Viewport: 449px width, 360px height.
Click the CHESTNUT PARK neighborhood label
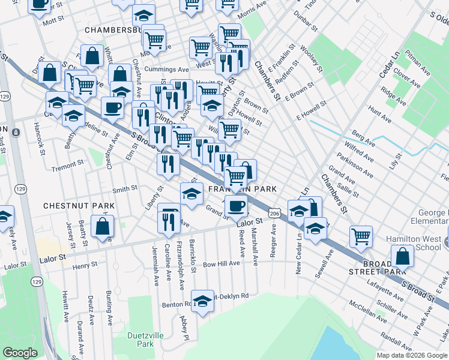point(78,206)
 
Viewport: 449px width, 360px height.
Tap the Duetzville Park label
point(141,340)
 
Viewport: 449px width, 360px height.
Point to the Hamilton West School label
point(420,243)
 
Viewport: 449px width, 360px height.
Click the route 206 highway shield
point(274,214)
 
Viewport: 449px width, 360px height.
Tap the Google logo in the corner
point(20,353)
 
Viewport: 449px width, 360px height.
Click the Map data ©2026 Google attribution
point(411,355)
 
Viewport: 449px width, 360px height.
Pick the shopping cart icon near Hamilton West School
point(361,236)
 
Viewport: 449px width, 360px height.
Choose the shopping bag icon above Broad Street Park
point(402,256)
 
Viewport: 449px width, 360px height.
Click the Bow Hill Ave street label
point(221,263)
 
